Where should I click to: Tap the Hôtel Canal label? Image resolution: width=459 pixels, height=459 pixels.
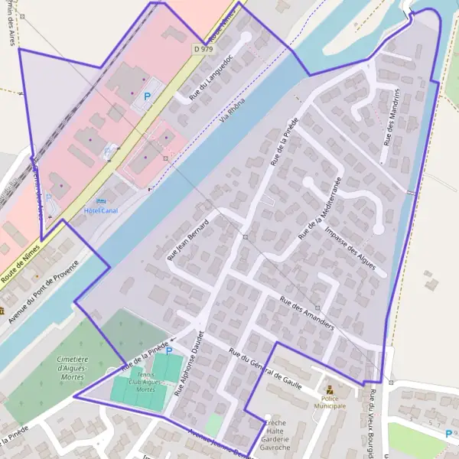101,211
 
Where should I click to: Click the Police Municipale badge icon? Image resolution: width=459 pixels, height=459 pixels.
330,390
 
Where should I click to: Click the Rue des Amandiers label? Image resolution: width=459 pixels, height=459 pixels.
307,312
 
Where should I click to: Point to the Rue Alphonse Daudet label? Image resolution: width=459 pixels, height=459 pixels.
190,363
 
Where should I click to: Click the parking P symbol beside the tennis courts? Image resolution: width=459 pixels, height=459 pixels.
169,352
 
